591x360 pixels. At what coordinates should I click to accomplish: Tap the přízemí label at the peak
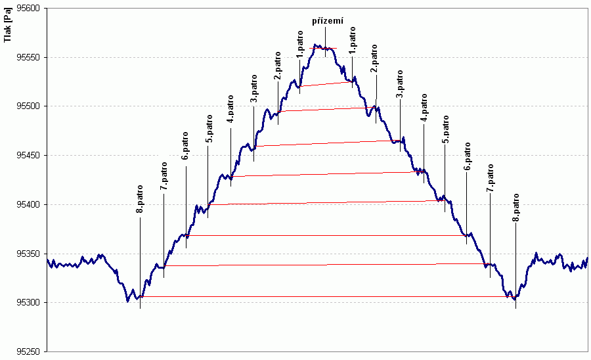click(327, 21)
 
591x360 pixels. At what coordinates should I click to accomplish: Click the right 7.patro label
click(490, 179)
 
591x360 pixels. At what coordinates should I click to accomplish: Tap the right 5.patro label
click(445, 130)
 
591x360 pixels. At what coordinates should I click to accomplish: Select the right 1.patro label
click(353, 41)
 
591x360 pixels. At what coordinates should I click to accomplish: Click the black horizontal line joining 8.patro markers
click(328, 297)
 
